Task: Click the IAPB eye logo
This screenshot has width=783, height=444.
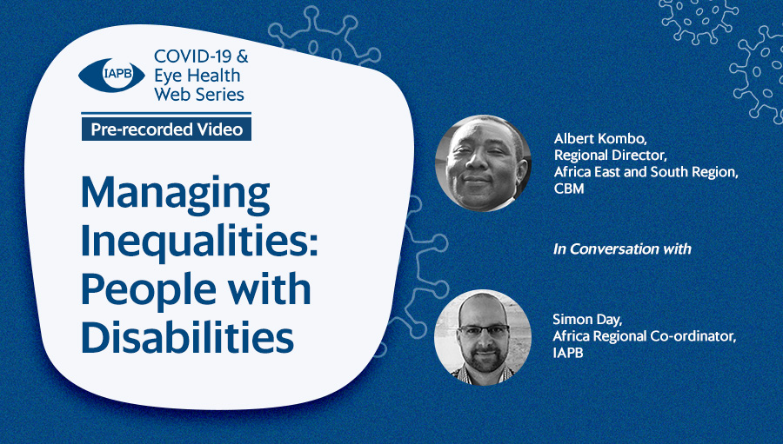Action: [111, 76]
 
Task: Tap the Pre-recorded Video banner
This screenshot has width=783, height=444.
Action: [166, 129]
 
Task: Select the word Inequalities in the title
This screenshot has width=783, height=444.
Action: [199, 242]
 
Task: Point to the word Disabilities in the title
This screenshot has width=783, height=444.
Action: [187, 337]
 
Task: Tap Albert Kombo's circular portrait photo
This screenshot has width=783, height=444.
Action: [483, 163]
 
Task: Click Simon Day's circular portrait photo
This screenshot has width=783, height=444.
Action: [483, 337]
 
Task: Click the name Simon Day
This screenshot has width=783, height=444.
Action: [587, 319]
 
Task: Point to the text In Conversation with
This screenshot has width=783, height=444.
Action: [622, 249]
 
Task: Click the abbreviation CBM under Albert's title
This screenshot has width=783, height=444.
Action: [569, 188]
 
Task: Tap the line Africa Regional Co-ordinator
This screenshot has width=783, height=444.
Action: [644, 336]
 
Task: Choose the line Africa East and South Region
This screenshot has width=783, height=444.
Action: [646, 172]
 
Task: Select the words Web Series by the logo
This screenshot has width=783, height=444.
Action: [199, 94]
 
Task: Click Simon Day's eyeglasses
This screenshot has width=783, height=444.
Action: [484, 330]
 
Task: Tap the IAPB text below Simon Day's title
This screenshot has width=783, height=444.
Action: [568, 353]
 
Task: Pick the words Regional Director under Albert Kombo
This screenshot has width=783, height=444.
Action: [610, 156]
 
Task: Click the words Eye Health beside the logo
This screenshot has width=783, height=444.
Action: [197, 76]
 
